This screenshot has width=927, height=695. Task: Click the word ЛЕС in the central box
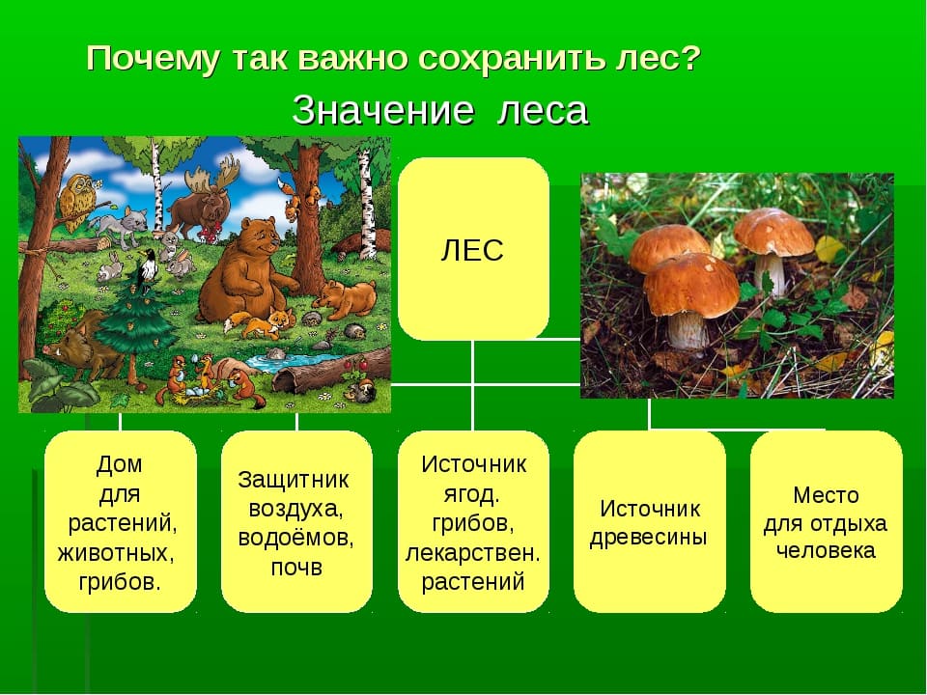tap(472, 250)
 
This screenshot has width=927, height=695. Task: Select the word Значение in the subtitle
tap(383, 110)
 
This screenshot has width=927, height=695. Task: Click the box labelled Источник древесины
tap(649, 521)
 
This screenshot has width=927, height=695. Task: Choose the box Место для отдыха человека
tap(826, 521)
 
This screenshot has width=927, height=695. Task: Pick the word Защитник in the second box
tap(294, 480)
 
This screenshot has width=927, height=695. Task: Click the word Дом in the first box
tap(120, 464)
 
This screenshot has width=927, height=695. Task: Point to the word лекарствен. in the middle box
tap(472, 553)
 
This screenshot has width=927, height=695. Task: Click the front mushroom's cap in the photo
tap(690, 285)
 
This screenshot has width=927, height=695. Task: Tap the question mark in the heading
tap(689, 59)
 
